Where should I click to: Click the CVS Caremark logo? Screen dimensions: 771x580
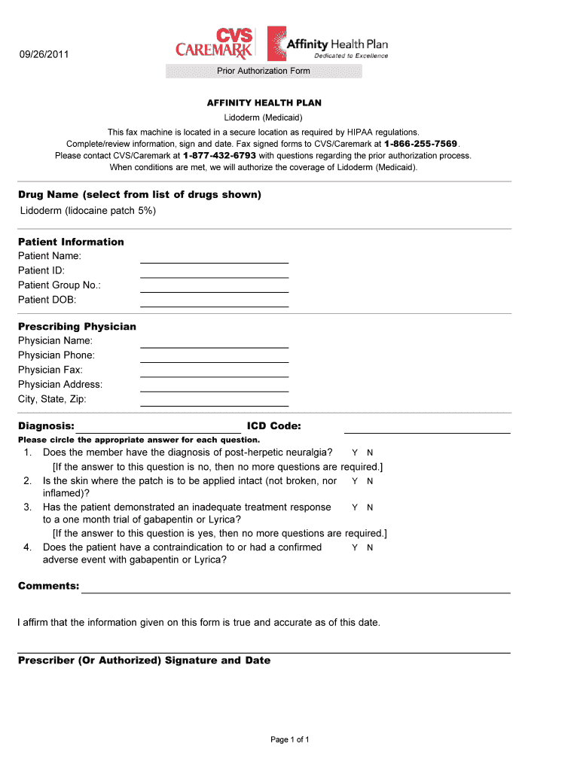click(215, 44)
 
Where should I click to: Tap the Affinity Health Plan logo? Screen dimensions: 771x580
click(328, 44)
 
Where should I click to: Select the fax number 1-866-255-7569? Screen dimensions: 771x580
click(421, 144)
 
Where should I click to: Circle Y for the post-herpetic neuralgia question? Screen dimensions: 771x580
click(355, 453)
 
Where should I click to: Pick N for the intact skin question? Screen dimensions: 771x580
click(370, 481)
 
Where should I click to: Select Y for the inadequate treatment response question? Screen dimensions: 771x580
click(355, 508)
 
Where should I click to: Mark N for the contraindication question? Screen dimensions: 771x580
click(370, 548)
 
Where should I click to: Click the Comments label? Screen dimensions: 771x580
click(48, 586)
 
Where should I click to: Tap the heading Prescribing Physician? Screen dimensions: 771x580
click(77, 327)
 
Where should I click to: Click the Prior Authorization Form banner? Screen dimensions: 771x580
click(264, 71)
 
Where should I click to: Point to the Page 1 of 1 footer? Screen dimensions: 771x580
click(290, 739)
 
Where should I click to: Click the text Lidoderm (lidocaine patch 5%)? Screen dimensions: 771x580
click(87, 211)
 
